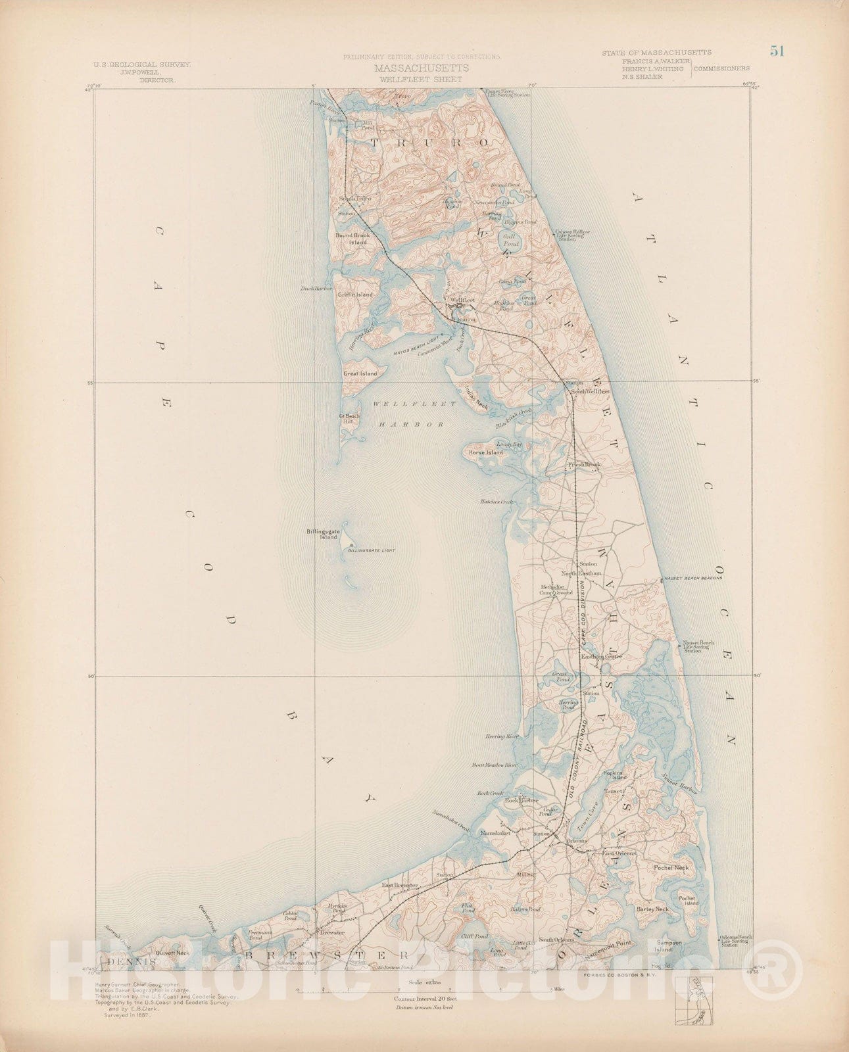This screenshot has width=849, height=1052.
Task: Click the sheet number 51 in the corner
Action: (x=777, y=52)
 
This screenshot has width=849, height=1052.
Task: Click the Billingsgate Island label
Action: (x=322, y=534)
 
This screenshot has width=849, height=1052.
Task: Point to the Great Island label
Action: (x=360, y=373)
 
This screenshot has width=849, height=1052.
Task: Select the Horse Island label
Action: (x=485, y=452)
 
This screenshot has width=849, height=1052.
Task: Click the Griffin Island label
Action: (x=355, y=295)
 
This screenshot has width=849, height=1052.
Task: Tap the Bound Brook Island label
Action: (x=352, y=238)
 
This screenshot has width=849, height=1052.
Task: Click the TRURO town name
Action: (x=429, y=142)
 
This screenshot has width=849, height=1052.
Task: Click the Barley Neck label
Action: (x=652, y=909)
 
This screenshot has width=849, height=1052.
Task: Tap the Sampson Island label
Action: (x=663, y=947)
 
